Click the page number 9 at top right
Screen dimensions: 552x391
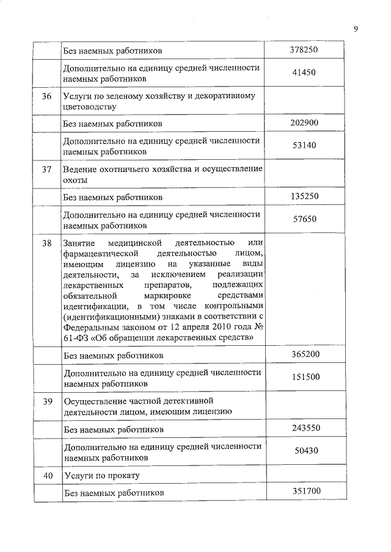point(356,27)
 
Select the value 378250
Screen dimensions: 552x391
point(304,49)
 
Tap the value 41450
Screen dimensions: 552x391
point(304,73)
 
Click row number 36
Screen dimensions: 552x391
point(46,96)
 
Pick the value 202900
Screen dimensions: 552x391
point(304,123)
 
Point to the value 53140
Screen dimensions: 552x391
point(304,146)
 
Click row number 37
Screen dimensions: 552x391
point(46,169)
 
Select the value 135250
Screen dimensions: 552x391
point(304,196)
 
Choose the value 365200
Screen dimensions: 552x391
point(304,354)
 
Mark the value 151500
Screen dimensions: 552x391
point(304,377)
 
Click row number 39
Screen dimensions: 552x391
point(46,400)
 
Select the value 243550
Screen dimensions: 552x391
point(304,428)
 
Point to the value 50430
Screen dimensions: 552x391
point(304,451)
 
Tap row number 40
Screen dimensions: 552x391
point(46,475)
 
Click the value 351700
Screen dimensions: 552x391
point(304,490)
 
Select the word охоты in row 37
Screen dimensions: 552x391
point(75,180)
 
